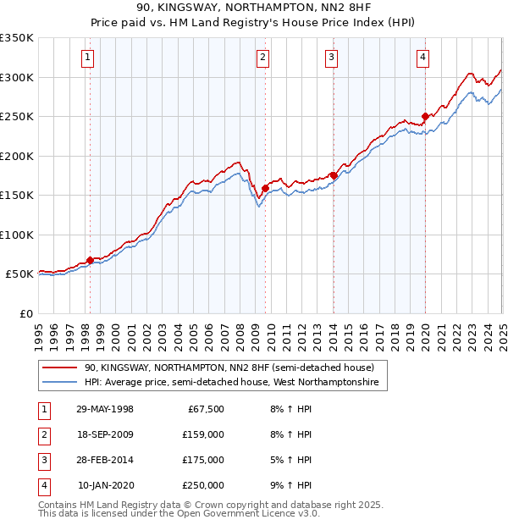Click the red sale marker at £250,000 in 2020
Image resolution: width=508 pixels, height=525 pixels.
[425, 117]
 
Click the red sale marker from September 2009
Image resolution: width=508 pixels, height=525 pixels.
[265, 188]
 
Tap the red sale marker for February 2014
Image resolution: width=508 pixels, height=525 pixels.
[334, 175]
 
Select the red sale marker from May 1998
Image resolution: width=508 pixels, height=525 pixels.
[90, 260]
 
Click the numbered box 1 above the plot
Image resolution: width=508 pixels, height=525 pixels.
[88, 58]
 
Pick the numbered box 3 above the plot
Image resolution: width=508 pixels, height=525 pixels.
[331, 58]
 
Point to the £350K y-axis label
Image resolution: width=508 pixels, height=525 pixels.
[17, 38]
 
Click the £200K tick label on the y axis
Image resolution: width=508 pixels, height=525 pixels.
[17, 156]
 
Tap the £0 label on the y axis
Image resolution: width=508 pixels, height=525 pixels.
[25, 313]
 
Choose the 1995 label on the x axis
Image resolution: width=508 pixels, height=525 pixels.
[39, 331]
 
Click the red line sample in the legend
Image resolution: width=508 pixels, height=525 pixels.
[59, 368]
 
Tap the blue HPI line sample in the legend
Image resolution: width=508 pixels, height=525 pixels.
[59, 383]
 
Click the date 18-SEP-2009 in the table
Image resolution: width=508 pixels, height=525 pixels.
[105, 434]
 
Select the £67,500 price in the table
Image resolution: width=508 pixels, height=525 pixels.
[203, 409]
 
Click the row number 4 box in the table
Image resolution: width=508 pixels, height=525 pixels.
[42, 485]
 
